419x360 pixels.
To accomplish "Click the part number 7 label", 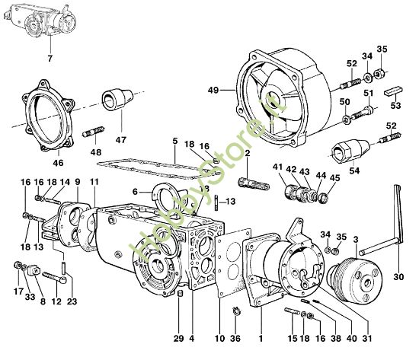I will [50, 59].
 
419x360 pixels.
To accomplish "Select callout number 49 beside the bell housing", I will [213, 90].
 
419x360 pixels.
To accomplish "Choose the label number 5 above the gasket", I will [174, 141].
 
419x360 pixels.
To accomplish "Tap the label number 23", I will [72, 302].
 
